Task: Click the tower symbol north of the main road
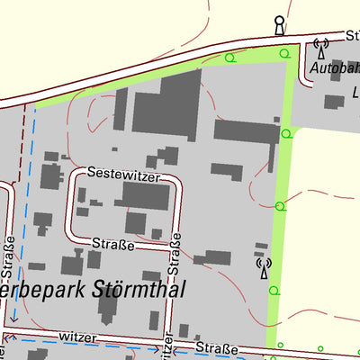pyautogui.click(x=279, y=25)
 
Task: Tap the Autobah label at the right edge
pyautogui.click(x=333, y=67)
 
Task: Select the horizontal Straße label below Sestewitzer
pyautogui.click(x=113, y=244)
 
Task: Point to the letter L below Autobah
pyautogui.click(x=355, y=91)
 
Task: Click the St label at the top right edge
pyautogui.click(x=352, y=36)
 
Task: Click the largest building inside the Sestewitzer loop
pyautogui.click(x=145, y=195)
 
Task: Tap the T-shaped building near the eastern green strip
pyautogui.click(x=247, y=135)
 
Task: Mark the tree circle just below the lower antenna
pyautogui.click(x=274, y=292)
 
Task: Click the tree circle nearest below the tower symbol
pyautogui.click(x=285, y=53)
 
